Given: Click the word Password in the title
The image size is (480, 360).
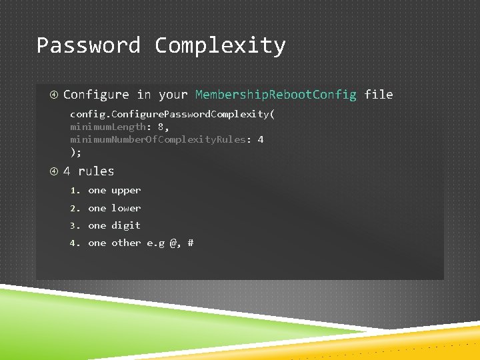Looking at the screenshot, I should [88, 45].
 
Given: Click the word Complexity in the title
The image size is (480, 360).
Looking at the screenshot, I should [220, 45].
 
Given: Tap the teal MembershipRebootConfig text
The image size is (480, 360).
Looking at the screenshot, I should [276, 95].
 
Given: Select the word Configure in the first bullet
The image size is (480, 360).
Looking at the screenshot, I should [96, 95].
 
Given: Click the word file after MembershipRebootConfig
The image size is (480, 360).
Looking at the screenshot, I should [379, 95].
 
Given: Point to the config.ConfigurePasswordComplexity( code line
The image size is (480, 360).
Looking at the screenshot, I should [172, 114].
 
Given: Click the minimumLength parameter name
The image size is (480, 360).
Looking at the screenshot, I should [107, 127].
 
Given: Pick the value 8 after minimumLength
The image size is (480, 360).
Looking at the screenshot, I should [161, 127].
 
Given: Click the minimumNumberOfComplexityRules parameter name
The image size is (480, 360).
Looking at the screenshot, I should [157, 139].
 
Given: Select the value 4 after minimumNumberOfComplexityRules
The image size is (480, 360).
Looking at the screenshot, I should [261, 139].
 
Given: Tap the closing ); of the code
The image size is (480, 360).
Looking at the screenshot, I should [75, 152].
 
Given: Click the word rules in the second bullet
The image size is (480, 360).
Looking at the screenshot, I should [96, 171].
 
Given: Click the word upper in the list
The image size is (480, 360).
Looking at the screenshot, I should [126, 190].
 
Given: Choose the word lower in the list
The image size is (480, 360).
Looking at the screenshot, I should [126, 208].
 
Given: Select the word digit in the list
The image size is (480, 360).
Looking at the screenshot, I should [126, 225].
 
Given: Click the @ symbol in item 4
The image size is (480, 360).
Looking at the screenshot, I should [173, 243].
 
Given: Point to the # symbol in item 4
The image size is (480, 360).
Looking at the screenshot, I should [191, 243].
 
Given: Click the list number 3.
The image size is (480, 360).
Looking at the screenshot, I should [74, 225].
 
